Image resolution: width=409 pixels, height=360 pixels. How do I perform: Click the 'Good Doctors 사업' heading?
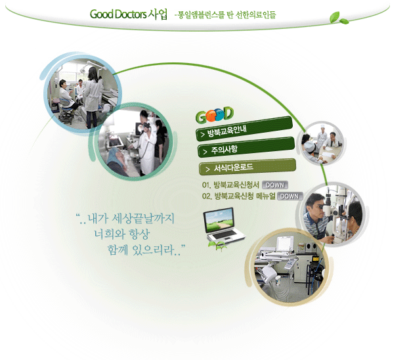coord(129,14)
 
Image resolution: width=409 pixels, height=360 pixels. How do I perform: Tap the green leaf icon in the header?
coord(339,18)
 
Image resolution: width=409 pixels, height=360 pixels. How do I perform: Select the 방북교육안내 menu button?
coord(244,129)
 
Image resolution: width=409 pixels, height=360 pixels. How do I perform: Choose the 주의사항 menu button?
coord(246,147)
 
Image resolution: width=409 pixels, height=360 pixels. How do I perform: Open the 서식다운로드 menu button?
coord(248,167)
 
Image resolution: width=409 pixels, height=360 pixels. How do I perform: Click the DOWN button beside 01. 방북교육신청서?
coord(275,185)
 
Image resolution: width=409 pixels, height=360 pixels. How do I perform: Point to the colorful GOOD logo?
coord(215,114)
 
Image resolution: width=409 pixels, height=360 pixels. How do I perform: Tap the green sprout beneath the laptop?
coord(217,246)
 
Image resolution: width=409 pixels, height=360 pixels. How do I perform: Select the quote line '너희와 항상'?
coord(122,234)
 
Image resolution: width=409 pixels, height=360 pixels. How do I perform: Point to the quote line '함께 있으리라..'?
coord(146,250)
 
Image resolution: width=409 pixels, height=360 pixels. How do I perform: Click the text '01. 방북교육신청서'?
coord(230,185)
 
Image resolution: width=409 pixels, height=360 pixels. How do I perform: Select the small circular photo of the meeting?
coord(322,143)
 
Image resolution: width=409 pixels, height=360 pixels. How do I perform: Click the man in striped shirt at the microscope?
coord(316,217)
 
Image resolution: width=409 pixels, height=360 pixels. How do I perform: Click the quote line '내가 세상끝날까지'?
coord(125,218)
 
